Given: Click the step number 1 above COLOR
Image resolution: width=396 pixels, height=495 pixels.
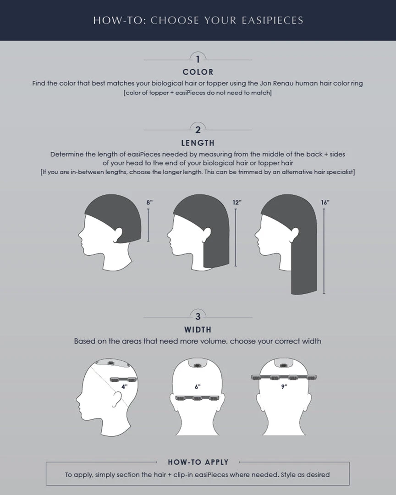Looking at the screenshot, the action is [x=198, y=59].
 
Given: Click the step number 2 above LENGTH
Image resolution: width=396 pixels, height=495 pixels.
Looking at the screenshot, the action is [x=198, y=130].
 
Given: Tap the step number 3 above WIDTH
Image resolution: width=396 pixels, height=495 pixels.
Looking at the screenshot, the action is [x=198, y=316].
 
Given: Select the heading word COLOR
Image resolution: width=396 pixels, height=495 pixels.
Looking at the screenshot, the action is [x=198, y=72].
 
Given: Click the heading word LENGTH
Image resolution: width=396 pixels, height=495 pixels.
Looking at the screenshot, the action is [x=198, y=143].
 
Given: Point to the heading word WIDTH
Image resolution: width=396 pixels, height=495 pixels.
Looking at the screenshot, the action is [x=198, y=330].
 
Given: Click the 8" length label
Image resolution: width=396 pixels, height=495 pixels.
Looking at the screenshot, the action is [x=150, y=203].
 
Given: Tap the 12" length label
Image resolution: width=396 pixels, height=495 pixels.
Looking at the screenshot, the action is [x=237, y=203].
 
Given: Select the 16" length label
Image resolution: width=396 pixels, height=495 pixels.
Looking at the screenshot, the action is [x=325, y=203].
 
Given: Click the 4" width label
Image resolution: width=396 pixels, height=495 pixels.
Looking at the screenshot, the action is [x=124, y=387].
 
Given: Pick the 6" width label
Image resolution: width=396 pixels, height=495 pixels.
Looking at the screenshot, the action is [x=198, y=387].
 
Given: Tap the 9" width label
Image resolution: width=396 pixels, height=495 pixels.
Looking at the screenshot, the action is [x=284, y=386].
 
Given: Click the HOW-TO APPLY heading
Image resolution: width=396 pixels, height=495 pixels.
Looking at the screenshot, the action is [x=198, y=462].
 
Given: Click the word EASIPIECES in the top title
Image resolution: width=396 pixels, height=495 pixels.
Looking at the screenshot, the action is [x=273, y=21].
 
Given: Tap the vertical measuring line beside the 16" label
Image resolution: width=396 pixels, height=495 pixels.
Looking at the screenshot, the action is [x=324, y=251].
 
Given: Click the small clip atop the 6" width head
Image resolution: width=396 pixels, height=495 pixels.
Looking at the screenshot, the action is [x=198, y=366].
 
